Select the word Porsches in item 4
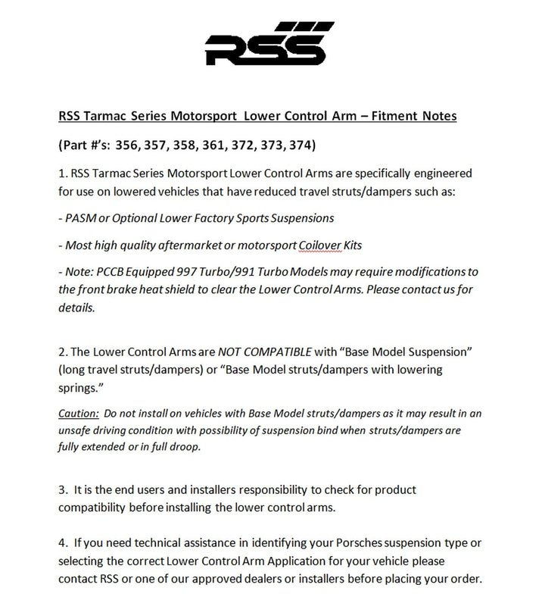point(360,544)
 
